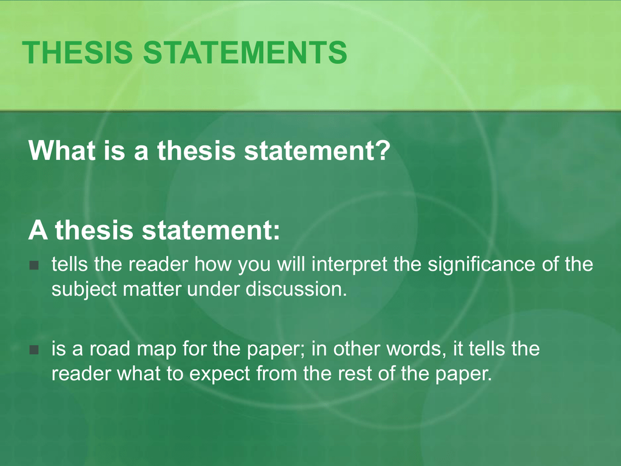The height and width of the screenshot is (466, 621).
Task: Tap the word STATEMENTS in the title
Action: coord(245,53)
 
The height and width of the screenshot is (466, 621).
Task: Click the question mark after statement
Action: coord(381,150)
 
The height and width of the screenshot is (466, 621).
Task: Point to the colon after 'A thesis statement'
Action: coord(276,231)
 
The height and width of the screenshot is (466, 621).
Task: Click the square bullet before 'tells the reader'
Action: coord(33,265)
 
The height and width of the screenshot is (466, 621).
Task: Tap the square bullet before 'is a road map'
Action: coord(33,350)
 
